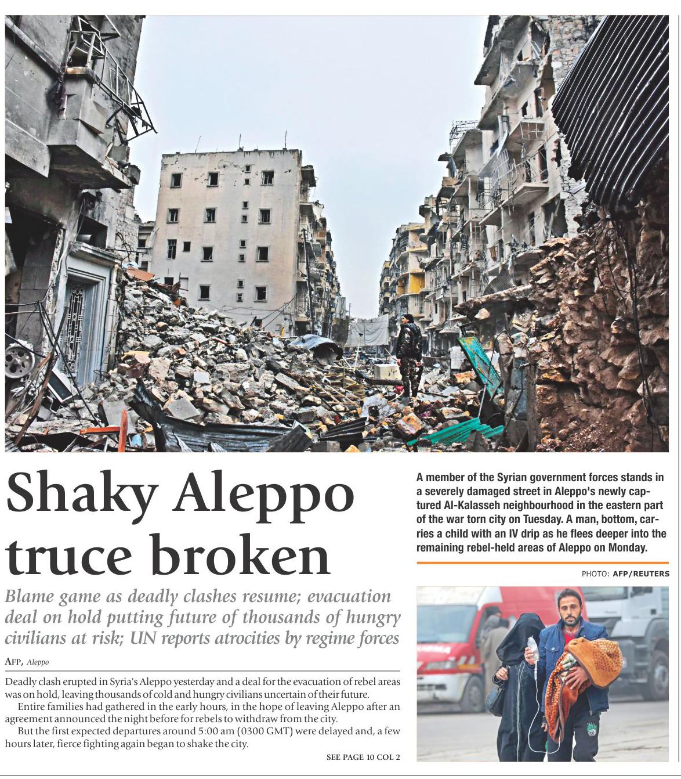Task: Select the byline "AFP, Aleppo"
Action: (27, 662)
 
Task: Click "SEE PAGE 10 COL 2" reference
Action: (363, 757)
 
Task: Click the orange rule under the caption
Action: (542, 562)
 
